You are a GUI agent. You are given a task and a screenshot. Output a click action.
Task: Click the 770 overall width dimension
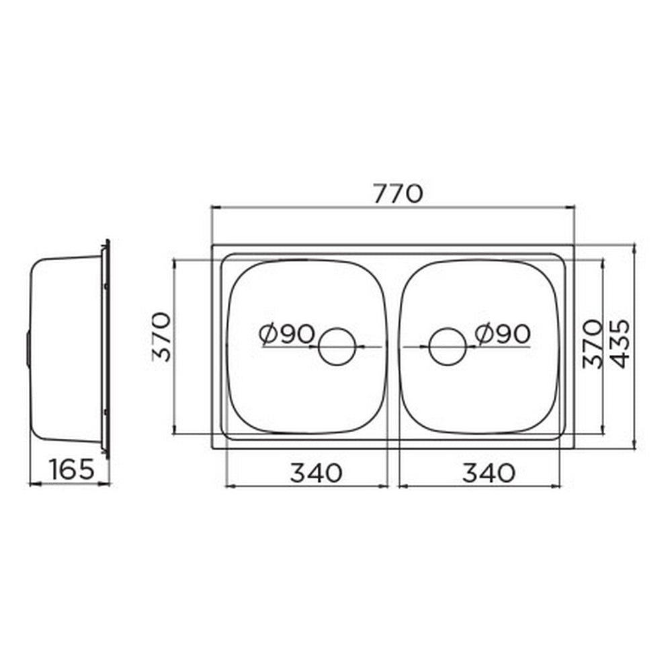click(x=398, y=194)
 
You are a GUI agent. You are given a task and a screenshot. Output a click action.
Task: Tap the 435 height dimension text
click(x=621, y=343)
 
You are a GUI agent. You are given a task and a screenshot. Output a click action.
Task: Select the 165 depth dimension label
click(x=72, y=469)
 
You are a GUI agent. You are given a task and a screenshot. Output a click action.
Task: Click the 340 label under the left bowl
click(x=317, y=473)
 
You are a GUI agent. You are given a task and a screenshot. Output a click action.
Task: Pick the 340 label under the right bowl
click(x=489, y=473)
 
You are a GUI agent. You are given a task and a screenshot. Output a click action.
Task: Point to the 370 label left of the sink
click(x=163, y=337)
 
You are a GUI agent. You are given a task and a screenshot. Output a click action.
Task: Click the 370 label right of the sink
click(x=592, y=343)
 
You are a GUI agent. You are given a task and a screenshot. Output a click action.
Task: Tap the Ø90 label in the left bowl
click(x=287, y=333)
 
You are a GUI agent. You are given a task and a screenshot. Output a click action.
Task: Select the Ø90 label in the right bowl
click(x=503, y=333)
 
